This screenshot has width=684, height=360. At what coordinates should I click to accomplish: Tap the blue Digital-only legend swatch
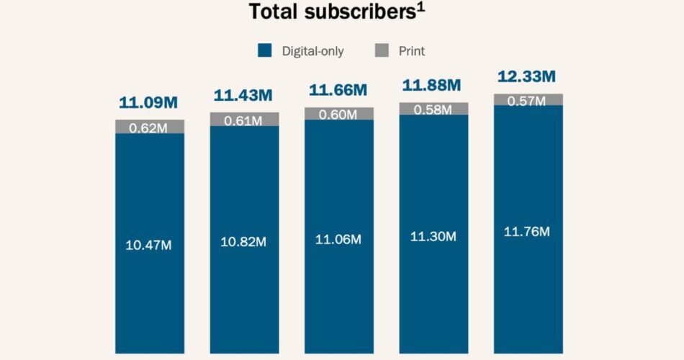pyautogui.click(x=266, y=50)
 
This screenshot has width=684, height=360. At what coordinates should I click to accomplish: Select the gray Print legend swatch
pyautogui.click(x=383, y=50)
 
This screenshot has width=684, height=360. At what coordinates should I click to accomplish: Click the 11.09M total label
pyautogui.click(x=148, y=103)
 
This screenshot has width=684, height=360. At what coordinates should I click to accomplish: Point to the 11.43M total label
pyautogui.click(x=243, y=96)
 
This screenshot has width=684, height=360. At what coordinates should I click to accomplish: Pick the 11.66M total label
pyautogui.click(x=338, y=91)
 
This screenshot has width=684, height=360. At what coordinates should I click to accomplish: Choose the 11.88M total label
pyautogui.click(x=432, y=86)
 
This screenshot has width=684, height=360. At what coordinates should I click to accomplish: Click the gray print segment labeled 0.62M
pyautogui.click(x=150, y=127)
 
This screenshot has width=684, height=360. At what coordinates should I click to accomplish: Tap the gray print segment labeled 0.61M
pyautogui.click(x=244, y=120)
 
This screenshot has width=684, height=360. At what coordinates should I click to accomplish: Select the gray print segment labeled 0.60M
pyautogui.click(x=339, y=114)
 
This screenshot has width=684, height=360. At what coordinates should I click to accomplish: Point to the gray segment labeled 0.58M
pyautogui.click(x=433, y=109)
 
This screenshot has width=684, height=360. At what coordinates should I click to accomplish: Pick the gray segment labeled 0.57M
pyautogui.click(x=528, y=100)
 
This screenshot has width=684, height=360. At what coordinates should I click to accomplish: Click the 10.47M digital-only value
pyautogui.click(x=148, y=245)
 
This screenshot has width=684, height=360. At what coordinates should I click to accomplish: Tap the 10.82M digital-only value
pyautogui.click(x=243, y=242)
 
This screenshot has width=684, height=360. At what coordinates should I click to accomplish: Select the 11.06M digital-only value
pyautogui.click(x=338, y=239)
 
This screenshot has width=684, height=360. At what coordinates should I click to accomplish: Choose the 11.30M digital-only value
pyautogui.click(x=433, y=236)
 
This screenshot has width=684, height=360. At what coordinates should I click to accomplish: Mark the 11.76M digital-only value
pyautogui.click(x=527, y=232)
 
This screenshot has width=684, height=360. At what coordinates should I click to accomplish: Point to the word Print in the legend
pyautogui.click(x=411, y=51)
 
